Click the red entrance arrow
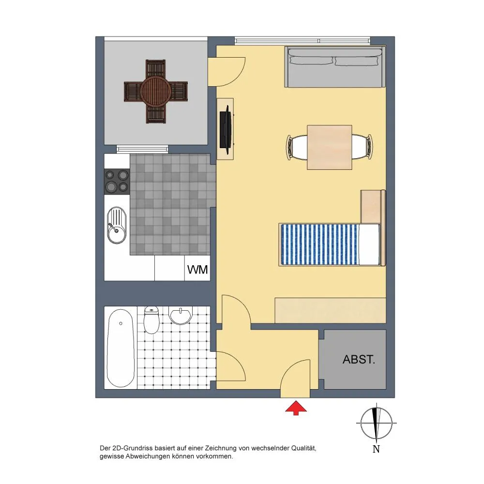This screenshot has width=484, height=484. [x=296, y=408]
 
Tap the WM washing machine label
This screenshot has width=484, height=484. [x=197, y=270]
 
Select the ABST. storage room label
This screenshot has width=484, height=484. [x=359, y=359]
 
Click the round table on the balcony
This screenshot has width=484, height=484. [x=155, y=91]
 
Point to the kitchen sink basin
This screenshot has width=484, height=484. [x=117, y=225]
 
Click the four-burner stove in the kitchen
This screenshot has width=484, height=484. [x=117, y=181]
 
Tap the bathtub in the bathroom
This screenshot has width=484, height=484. [x=121, y=348]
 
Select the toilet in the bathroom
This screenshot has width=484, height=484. [x=151, y=319]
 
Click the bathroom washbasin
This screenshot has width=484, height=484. [x=180, y=315]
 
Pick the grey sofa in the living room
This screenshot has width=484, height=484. [x=335, y=67]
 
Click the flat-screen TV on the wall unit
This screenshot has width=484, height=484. [x=226, y=130]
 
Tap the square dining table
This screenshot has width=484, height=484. [x=329, y=147]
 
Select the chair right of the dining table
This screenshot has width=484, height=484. [x=362, y=147]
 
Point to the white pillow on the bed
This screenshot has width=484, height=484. [x=369, y=244]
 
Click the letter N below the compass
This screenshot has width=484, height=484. [x=376, y=449]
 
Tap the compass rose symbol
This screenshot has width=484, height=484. [x=376, y=423]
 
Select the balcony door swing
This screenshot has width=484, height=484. [x=227, y=72]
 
